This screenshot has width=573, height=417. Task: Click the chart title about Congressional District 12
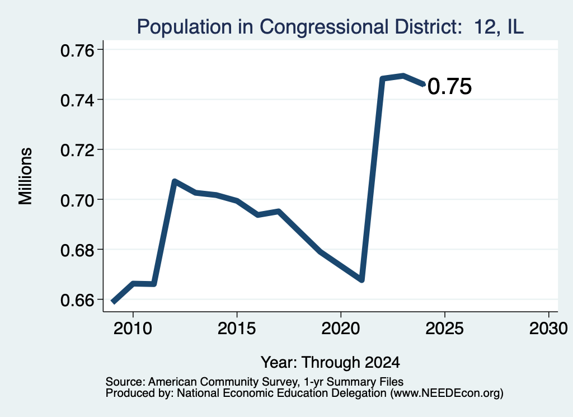click(330, 27)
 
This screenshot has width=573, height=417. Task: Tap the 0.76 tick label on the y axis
click(77, 50)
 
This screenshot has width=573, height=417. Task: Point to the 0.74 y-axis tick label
click(77, 100)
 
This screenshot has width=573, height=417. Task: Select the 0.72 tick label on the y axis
click(77, 150)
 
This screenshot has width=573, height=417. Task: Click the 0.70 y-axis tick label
click(77, 200)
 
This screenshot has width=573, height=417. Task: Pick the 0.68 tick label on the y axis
click(77, 250)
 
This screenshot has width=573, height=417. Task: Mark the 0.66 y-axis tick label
click(77, 301)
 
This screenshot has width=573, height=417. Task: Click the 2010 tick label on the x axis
click(133, 329)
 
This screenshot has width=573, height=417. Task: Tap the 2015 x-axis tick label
click(237, 329)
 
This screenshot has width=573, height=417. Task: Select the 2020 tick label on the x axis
click(341, 329)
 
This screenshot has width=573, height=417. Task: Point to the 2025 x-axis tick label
click(445, 329)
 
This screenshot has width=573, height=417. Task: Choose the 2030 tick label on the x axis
click(548, 329)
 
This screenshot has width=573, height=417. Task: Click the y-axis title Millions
click(25, 176)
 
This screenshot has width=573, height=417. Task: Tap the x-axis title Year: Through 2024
click(330, 363)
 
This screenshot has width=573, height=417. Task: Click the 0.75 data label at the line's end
click(449, 87)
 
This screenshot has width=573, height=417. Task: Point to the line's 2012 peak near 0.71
click(175, 181)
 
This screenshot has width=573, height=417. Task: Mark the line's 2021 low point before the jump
click(361, 280)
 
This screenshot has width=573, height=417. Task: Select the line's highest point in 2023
click(403, 76)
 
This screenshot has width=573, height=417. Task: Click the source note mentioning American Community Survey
click(255, 382)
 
